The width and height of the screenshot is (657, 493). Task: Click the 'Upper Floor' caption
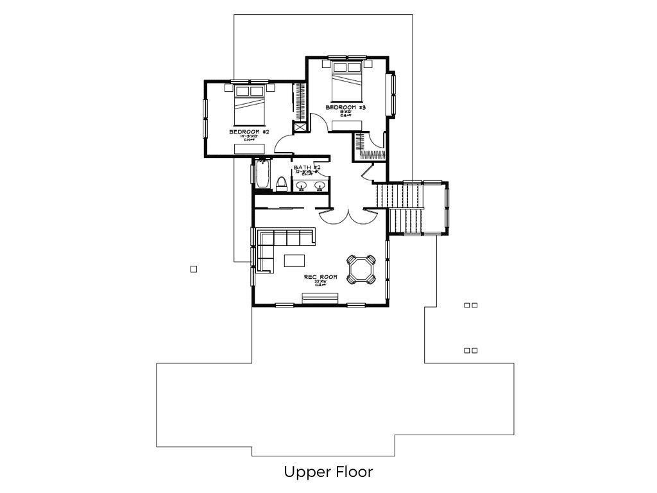pos(328,472)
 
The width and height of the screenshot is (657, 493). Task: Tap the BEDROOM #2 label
pos(248,132)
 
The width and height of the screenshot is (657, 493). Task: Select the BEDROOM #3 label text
pos(345,107)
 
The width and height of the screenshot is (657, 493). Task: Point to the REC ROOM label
pos(320,277)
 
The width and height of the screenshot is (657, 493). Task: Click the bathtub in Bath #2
pos(262,174)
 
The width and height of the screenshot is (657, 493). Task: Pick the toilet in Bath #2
pos(280,185)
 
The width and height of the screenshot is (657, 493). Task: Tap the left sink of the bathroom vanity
pos(302,187)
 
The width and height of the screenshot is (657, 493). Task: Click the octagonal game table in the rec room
pos(361,269)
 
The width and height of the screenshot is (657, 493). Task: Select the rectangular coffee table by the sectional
pos(295,260)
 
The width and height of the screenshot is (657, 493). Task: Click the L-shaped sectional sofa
pos(276,244)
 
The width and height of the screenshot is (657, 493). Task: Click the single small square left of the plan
pos(194,270)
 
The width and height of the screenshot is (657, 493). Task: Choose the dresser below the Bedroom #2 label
pos(248,149)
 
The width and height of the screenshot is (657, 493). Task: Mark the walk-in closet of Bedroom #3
pos(368,146)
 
